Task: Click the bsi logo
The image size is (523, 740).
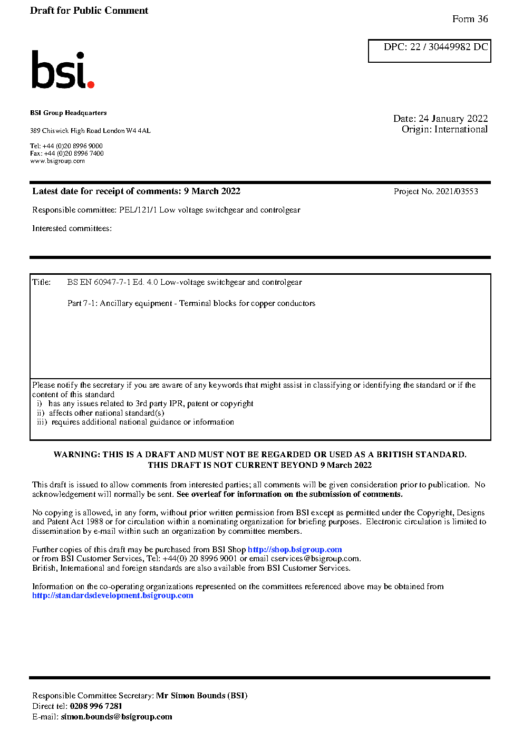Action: [x=62, y=70]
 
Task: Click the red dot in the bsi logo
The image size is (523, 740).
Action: [x=91, y=84]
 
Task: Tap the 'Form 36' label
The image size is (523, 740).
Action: [x=470, y=19]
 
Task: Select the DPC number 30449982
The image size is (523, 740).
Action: [x=449, y=47]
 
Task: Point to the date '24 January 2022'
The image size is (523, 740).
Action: [x=453, y=119]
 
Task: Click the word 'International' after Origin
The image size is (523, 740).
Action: [x=461, y=129]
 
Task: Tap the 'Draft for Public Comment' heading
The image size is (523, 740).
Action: [x=89, y=11]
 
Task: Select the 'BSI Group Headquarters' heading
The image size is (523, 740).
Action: [x=69, y=113]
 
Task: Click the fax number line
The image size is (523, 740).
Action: [x=67, y=153]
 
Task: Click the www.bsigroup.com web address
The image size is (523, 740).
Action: [x=57, y=161]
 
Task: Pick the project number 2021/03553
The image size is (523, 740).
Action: [x=457, y=191]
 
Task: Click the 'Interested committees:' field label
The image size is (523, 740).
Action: [x=72, y=228]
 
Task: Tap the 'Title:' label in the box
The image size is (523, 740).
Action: [x=42, y=282]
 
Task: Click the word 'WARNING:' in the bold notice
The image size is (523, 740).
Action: [x=77, y=455]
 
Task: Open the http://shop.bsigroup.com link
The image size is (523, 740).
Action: [x=295, y=550]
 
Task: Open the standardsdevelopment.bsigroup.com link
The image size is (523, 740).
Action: [x=113, y=595]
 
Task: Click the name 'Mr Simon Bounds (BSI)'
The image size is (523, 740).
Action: [x=201, y=696]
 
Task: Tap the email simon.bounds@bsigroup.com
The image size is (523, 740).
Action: [x=117, y=717]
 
